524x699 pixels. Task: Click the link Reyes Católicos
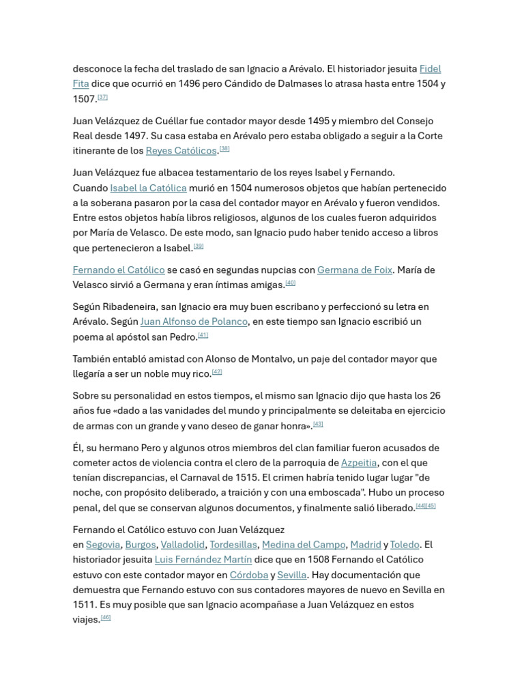click(x=181, y=151)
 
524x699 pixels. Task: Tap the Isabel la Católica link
click(x=148, y=188)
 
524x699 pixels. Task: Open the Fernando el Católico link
click(x=119, y=270)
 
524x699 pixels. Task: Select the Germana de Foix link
click(x=354, y=270)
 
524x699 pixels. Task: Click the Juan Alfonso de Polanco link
click(x=194, y=322)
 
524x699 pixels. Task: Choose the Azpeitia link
click(x=358, y=463)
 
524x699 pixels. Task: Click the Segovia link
click(x=103, y=545)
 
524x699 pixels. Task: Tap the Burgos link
click(x=141, y=545)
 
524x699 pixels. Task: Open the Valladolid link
click(x=182, y=545)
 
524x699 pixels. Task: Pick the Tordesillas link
click(x=233, y=545)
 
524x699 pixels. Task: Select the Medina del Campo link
click(x=304, y=545)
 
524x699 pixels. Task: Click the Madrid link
click(x=366, y=545)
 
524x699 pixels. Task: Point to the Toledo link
click(x=405, y=545)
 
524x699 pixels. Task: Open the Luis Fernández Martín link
click(x=203, y=560)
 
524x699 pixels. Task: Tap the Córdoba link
click(x=249, y=575)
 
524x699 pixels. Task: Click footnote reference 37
click(x=103, y=97)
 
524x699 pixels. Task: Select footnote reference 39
click(x=199, y=246)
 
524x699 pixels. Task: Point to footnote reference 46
click(x=106, y=617)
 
